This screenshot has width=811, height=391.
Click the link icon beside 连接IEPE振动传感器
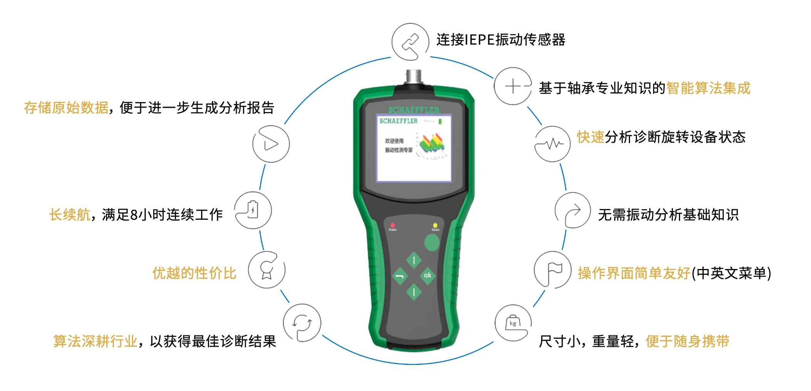[x=410, y=42]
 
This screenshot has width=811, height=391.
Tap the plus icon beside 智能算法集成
[x=513, y=86]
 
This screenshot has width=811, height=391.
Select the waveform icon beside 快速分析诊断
[x=553, y=144]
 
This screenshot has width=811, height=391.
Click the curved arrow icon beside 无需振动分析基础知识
[x=573, y=211]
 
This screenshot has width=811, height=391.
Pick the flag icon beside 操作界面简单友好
[x=553, y=270]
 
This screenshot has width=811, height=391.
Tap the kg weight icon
[x=513, y=323]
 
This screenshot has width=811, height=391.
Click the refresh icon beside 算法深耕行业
[x=302, y=322]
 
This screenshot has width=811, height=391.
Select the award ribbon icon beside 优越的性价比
[x=266, y=270]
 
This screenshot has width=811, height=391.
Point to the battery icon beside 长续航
[x=253, y=210]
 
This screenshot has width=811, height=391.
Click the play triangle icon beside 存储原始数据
[x=271, y=144]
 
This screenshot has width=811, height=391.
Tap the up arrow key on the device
[x=414, y=261]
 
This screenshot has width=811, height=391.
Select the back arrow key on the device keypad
[x=400, y=276]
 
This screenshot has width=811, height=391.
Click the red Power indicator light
[x=392, y=225]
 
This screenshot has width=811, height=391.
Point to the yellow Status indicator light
[x=435, y=225]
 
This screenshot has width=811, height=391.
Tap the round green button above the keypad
[x=432, y=242]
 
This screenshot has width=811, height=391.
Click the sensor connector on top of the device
[x=414, y=77]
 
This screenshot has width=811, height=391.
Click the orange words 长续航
[x=70, y=215]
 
